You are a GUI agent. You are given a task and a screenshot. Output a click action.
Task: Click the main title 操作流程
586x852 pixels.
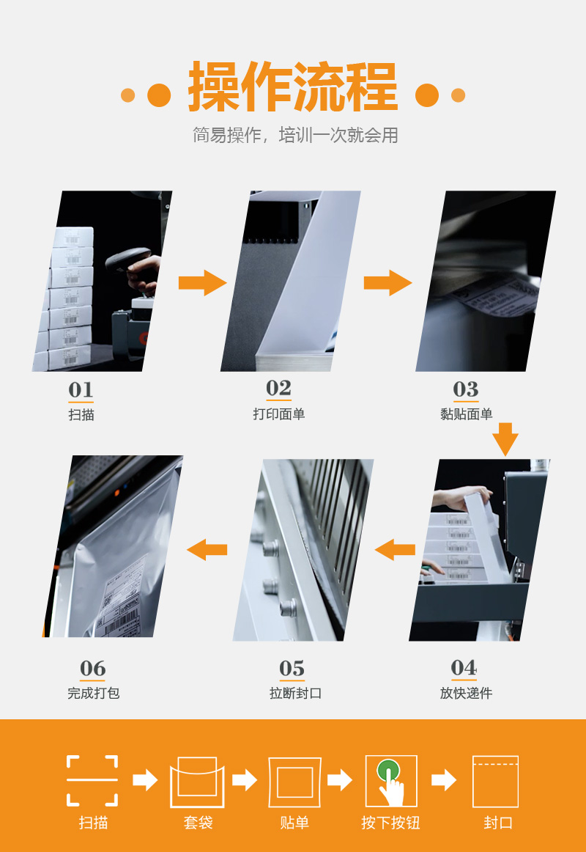293,87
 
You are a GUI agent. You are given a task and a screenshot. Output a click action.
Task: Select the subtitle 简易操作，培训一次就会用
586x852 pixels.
295,135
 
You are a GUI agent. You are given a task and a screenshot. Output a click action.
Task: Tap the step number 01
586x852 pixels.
81,389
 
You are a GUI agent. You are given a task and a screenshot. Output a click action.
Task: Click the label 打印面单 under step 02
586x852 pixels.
279,414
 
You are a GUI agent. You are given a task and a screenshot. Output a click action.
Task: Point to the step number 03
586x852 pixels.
466,389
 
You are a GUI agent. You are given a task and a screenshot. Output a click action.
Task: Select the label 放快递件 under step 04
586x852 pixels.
466,693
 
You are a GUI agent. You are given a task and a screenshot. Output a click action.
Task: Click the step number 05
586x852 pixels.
292,669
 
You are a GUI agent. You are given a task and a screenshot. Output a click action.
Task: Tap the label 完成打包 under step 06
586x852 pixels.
93,693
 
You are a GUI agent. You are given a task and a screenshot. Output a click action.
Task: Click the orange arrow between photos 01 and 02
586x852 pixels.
202,282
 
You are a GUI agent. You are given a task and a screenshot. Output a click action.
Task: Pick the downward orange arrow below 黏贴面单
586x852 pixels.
505,439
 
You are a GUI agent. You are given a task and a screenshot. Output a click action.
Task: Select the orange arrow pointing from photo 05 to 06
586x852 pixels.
207,549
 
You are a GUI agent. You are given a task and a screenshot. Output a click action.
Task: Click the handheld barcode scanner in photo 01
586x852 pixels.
128,259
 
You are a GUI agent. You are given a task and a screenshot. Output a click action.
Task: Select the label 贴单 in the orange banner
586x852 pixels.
294,823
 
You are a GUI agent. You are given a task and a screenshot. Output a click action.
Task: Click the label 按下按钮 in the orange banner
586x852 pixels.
390,823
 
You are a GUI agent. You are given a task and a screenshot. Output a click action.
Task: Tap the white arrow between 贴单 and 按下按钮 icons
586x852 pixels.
340,780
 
